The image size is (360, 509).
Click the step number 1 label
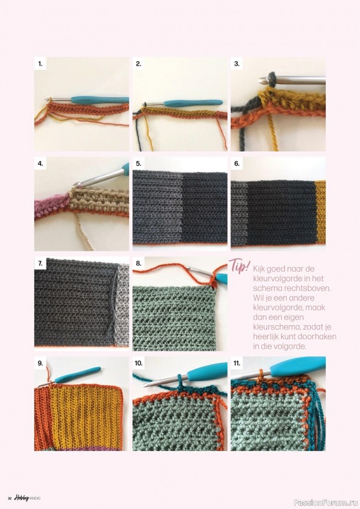point(40,64)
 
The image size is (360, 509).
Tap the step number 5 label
point(139,164)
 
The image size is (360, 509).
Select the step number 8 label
point(139,263)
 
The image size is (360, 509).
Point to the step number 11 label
point(237,363)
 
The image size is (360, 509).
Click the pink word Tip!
point(240,266)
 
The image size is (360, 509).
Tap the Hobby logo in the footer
point(22,498)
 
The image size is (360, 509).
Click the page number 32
point(10,499)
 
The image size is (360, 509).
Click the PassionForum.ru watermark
point(326,502)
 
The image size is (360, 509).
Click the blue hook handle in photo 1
point(100,100)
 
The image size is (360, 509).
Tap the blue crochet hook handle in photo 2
point(193,103)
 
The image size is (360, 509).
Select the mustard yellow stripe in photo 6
point(321,212)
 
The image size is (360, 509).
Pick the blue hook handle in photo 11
point(298,366)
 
